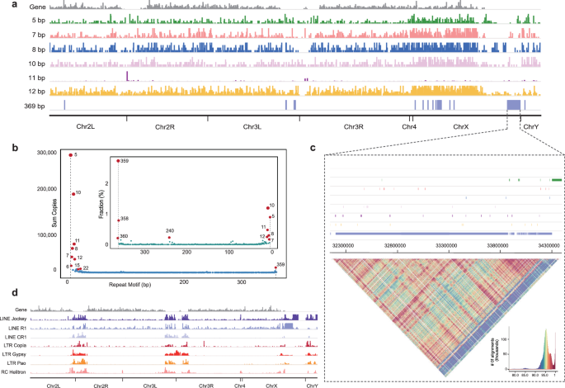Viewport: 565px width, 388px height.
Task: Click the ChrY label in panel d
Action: pos(312,386)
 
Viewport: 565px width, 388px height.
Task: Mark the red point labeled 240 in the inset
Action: pos(170,238)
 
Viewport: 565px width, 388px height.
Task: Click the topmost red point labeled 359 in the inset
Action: pos(118,161)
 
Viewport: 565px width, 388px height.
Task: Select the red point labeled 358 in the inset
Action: pos(118,220)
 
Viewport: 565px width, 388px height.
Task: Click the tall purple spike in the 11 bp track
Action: pos(126,76)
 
